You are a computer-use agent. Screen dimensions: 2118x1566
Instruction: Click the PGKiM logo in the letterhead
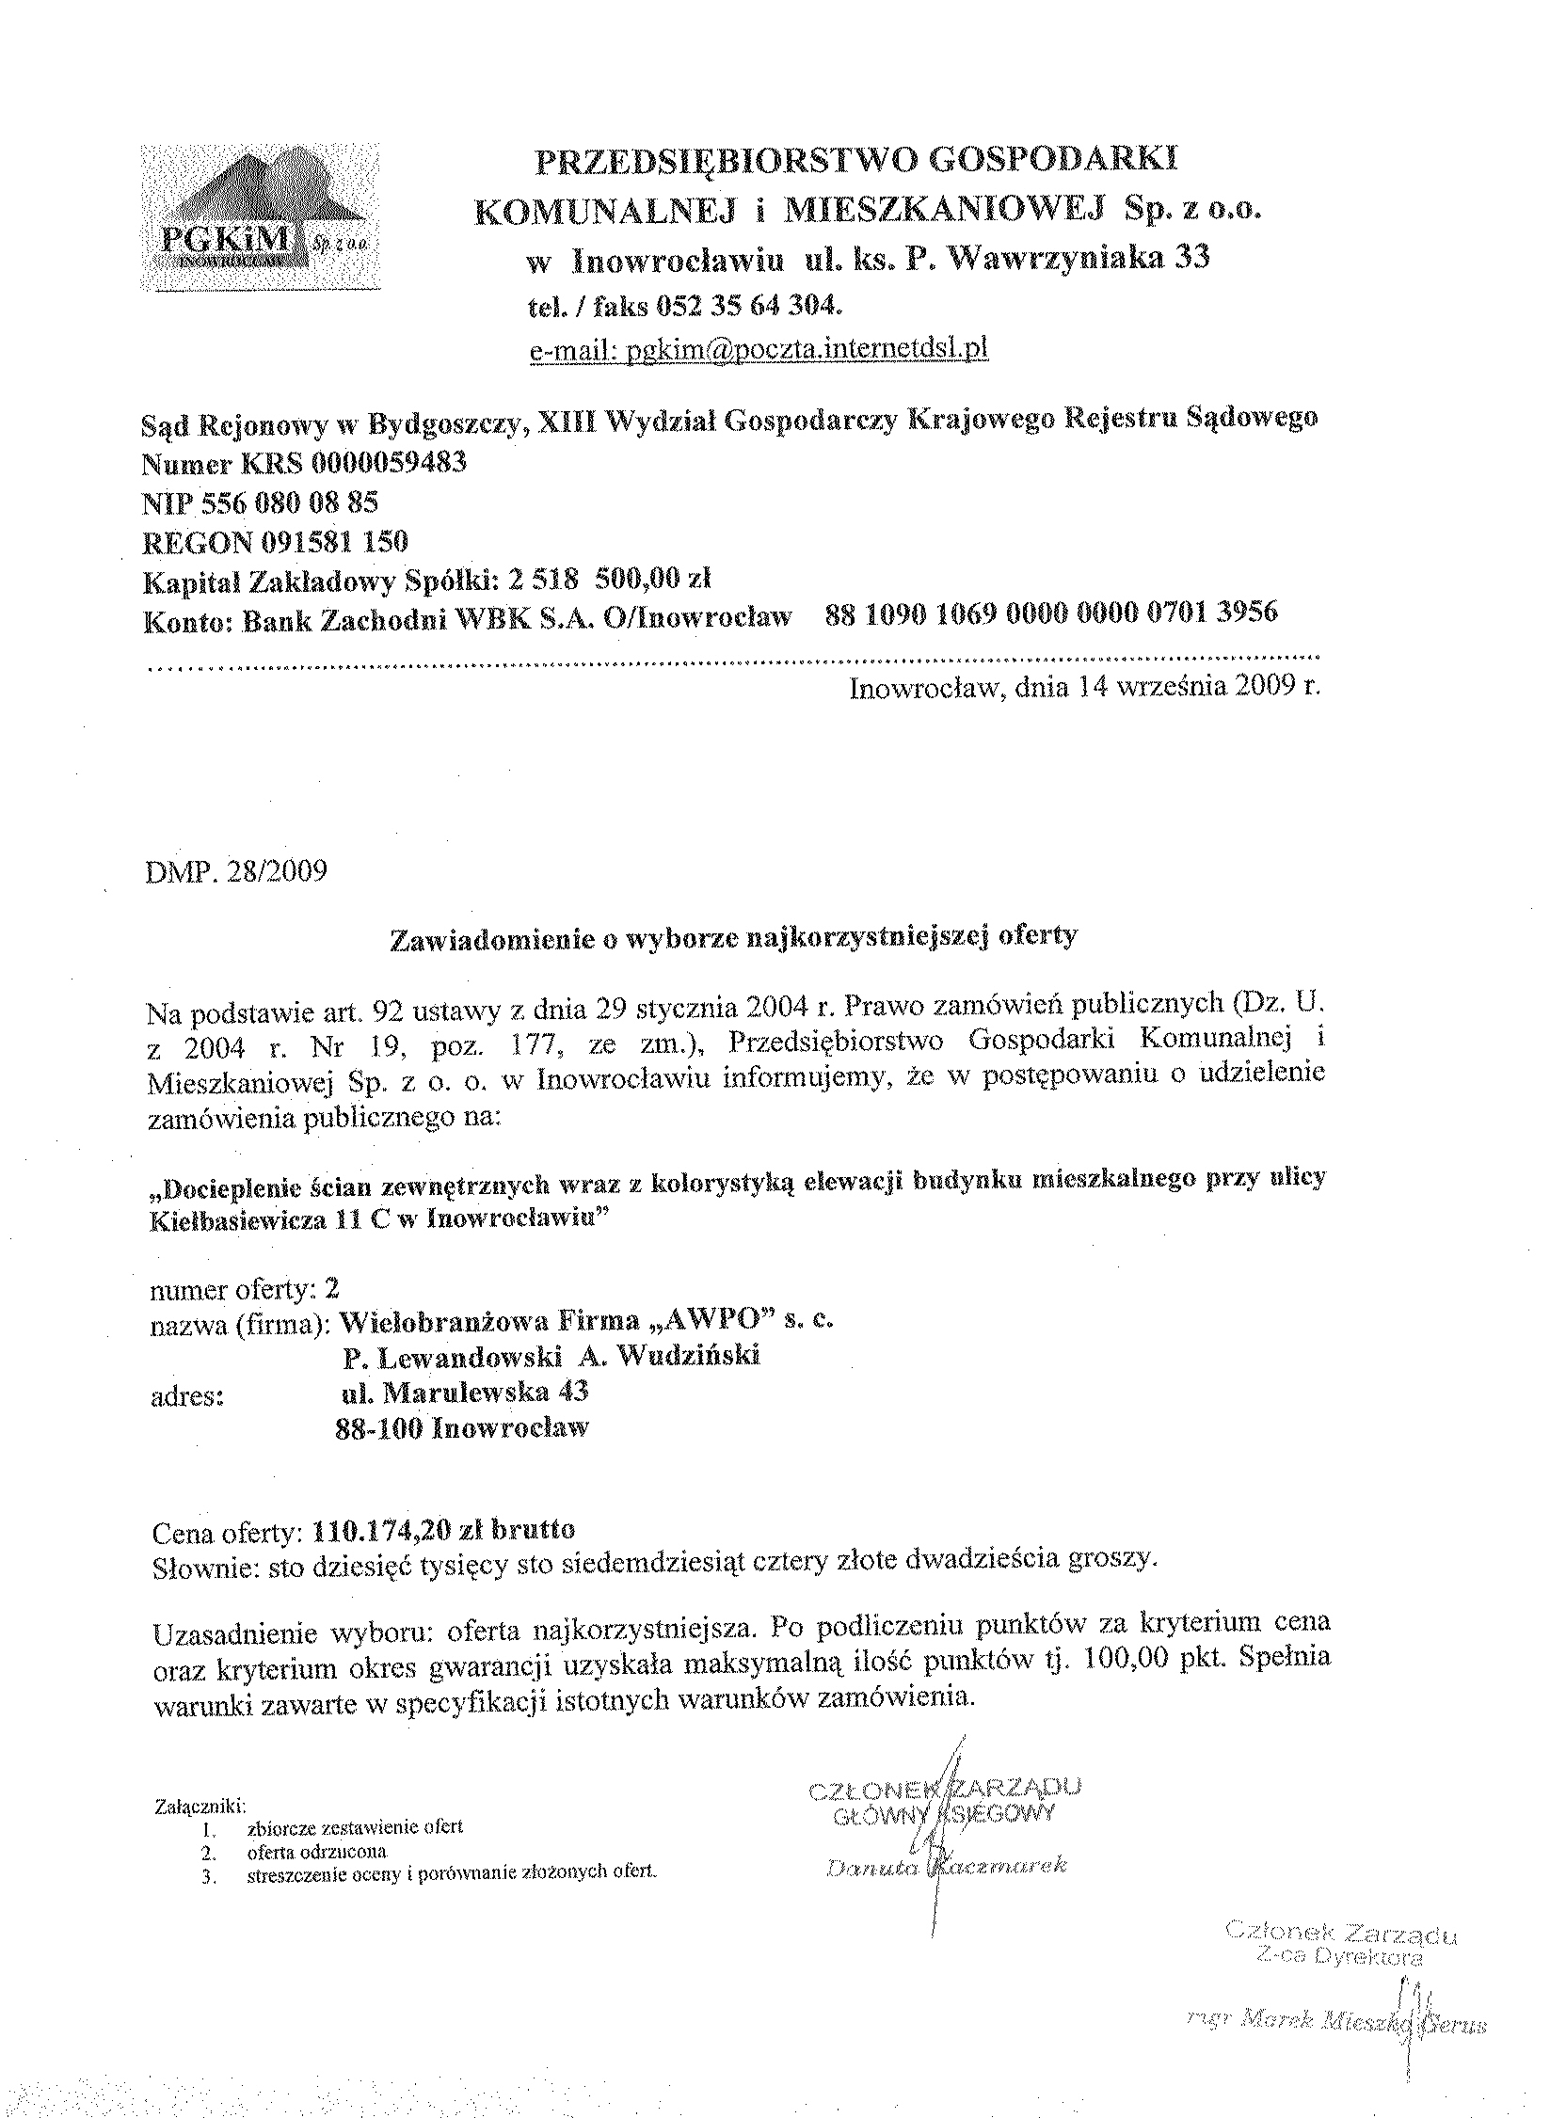(261, 217)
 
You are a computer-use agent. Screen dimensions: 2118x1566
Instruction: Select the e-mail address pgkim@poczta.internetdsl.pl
(759, 350)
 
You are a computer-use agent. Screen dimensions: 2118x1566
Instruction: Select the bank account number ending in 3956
(1051, 613)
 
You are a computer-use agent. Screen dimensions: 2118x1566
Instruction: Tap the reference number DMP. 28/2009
(237, 871)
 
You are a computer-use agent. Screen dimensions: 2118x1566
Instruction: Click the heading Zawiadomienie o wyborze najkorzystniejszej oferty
(734, 936)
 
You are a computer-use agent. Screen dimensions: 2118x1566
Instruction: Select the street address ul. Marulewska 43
(465, 1392)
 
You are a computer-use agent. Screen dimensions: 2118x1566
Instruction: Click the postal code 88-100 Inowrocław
(462, 1427)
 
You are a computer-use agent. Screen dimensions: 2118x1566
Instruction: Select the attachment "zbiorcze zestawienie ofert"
(355, 1826)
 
